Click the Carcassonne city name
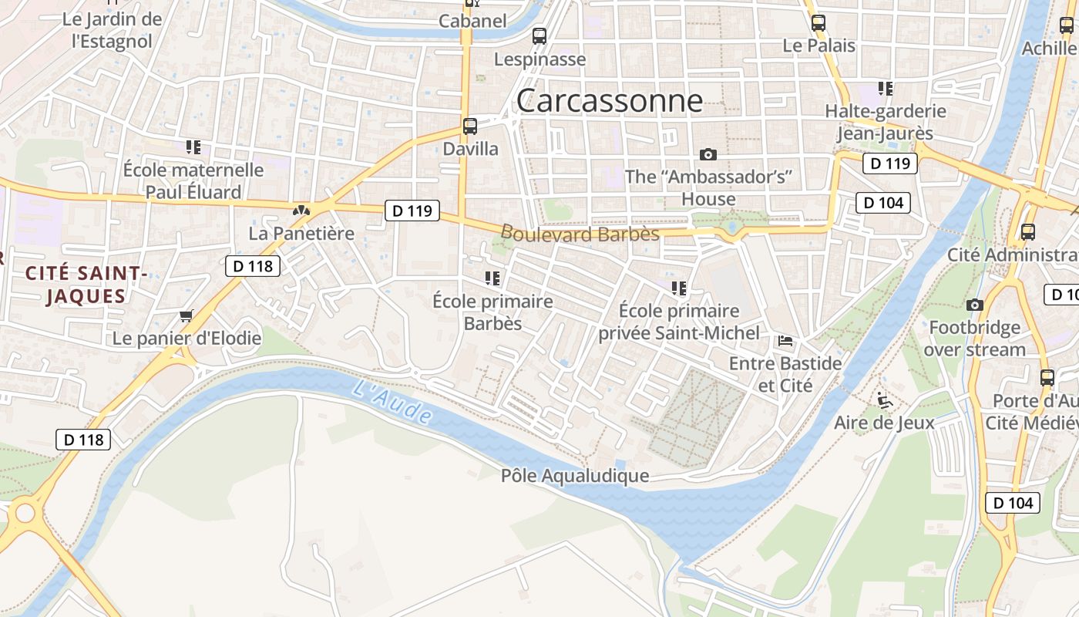609,101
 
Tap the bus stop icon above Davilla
470,126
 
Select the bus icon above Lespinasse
539,35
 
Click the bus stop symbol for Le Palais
818,23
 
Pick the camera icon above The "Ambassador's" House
708,154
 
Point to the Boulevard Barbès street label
580,233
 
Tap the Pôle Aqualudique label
575,476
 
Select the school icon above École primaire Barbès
492,278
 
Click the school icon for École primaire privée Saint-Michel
679,288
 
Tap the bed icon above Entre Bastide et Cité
785,340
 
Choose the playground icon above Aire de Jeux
885,400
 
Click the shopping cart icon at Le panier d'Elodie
186,315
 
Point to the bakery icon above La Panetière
301,210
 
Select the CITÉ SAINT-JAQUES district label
86,284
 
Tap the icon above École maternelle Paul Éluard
193,147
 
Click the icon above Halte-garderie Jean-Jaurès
886,88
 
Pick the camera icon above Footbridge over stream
975,305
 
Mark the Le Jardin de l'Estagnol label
113,29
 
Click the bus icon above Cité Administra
1027,231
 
